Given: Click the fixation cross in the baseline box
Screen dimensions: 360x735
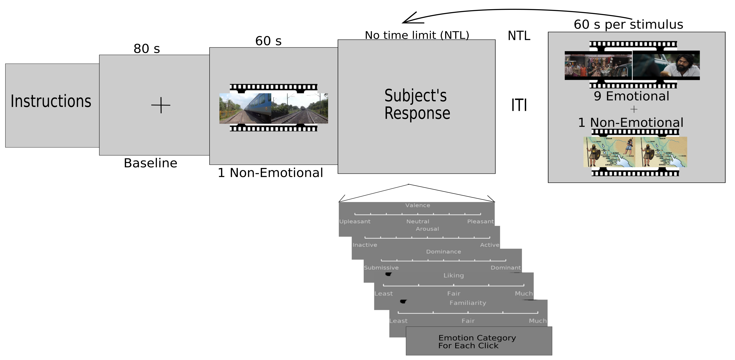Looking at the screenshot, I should point(161,105).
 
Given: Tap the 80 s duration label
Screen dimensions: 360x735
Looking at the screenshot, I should point(147,49).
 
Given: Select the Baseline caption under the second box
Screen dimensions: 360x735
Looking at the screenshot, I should point(150,163).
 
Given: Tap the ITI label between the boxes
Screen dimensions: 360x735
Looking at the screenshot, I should point(519,105).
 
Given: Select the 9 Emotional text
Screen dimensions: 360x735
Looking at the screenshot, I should point(631,96).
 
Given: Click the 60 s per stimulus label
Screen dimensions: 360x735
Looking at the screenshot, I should point(628,24).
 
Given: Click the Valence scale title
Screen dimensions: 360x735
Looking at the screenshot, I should point(418,205).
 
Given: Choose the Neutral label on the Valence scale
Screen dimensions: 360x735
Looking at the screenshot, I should point(418,222).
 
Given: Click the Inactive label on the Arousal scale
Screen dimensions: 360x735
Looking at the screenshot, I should point(365,245).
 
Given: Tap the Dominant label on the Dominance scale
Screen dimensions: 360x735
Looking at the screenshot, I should point(505,268).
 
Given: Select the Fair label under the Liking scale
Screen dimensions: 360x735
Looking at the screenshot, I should point(453,294).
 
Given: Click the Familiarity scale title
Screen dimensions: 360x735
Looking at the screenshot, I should point(468,303).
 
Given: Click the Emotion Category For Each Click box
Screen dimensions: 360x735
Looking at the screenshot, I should point(479,341).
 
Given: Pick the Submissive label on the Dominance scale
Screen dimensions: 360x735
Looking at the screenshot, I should point(381,268).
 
